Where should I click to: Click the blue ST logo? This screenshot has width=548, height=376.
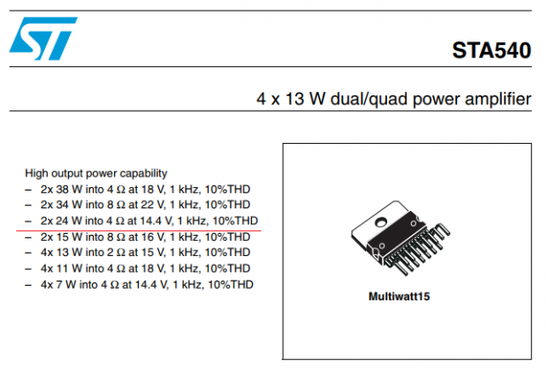tap(43, 39)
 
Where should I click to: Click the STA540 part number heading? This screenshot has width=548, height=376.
tap(491, 50)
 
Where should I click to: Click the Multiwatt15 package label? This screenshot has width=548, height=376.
tap(400, 297)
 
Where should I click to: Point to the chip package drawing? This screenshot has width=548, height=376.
tap(400, 238)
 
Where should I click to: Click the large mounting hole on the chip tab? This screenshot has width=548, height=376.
tap(381, 222)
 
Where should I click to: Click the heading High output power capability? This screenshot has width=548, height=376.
tap(96, 173)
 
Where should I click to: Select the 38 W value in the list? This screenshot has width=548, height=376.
tap(69, 189)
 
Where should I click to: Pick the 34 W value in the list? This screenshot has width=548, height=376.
tap(69, 205)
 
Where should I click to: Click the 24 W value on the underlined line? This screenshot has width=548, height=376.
tap(69, 221)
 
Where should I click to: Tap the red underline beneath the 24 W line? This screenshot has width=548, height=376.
tap(139, 230)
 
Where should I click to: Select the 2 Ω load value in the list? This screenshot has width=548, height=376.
tap(116, 252)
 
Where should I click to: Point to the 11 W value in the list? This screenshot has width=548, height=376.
tap(69, 268)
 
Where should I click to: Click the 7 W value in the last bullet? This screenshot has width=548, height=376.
tap(65, 284)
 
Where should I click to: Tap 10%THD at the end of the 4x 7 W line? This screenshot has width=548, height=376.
tap(231, 284)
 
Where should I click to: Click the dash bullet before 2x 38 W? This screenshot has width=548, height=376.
tap(28, 190)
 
